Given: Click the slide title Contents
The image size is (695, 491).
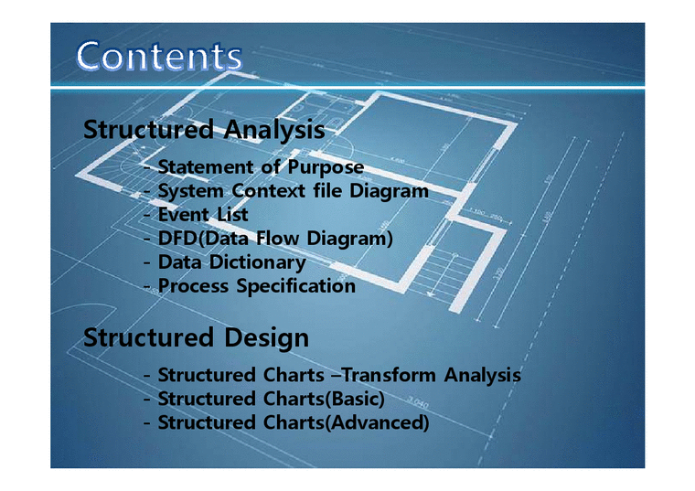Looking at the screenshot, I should (x=159, y=57).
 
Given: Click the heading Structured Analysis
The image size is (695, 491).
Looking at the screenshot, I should (x=203, y=129).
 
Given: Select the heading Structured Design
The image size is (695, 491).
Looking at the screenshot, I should (x=196, y=337).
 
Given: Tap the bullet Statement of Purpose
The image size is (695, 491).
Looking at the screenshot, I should (x=260, y=167).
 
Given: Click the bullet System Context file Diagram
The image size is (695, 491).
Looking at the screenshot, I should (x=292, y=191).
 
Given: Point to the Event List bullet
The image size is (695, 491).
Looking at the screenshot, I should (x=202, y=215).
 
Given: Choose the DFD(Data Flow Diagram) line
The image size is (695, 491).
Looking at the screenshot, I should (x=275, y=239).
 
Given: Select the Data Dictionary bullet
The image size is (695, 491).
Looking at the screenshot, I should (x=231, y=262).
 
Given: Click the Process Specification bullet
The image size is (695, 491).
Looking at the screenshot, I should (x=256, y=286).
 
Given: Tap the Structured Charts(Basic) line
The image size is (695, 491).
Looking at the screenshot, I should (x=271, y=399).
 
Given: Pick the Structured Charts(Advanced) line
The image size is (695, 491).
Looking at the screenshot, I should (x=293, y=422).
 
